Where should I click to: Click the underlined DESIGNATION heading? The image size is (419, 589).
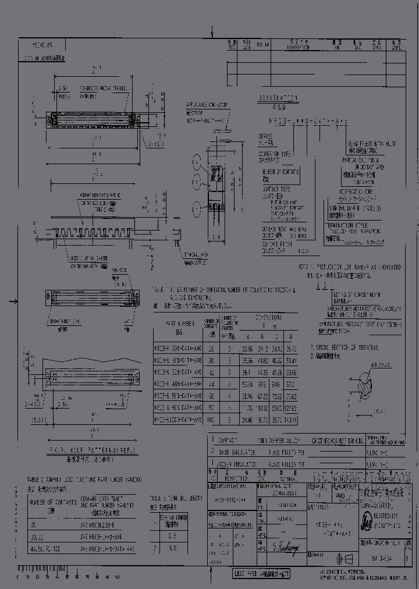pyautogui.click(x=278, y=98)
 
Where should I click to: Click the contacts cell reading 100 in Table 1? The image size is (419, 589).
pyautogui.click(x=211, y=418)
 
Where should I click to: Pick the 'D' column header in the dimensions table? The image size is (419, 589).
pyautogui.click(x=290, y=336)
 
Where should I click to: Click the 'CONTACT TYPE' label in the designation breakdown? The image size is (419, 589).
pyautogui.click(x=272, y=191)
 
